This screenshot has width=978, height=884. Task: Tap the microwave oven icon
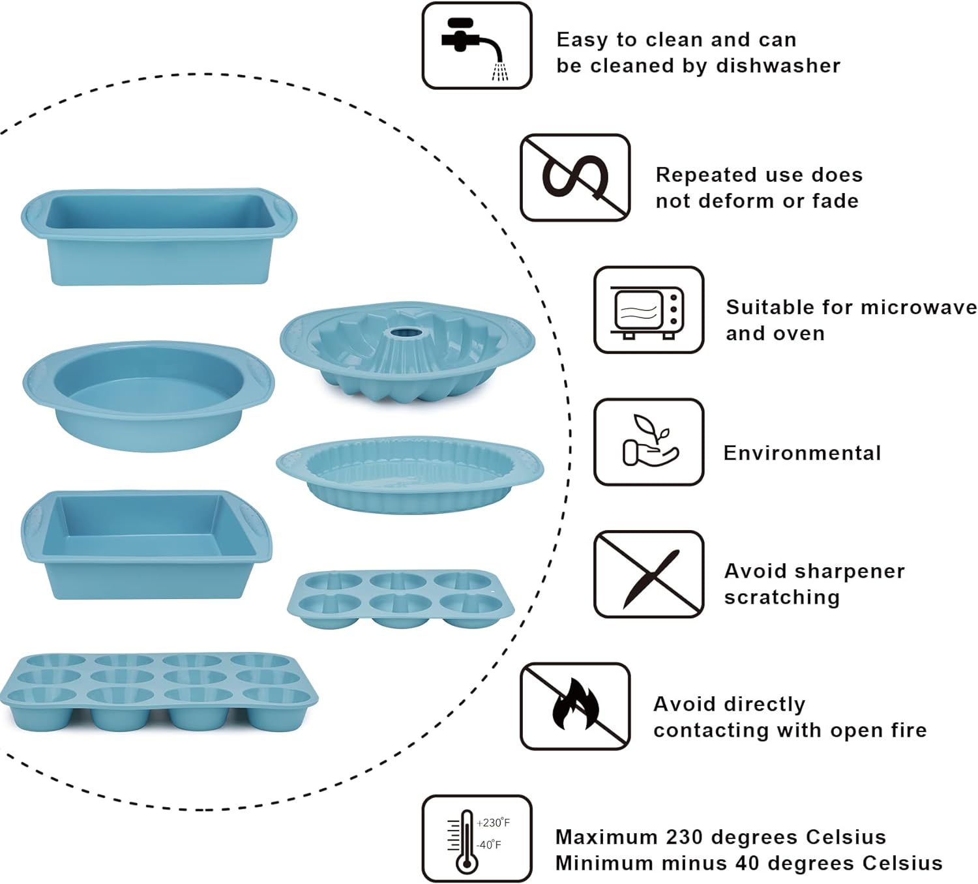649,310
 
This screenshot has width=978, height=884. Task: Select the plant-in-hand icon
649,442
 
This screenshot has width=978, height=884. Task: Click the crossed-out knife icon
649,574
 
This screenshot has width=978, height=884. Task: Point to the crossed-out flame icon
575,706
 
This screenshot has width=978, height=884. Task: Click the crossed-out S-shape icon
575,177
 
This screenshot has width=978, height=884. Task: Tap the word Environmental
802,453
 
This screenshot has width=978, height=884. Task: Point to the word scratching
782,597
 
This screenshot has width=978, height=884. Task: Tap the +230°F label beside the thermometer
493,823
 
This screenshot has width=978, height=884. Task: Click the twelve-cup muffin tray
158,691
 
